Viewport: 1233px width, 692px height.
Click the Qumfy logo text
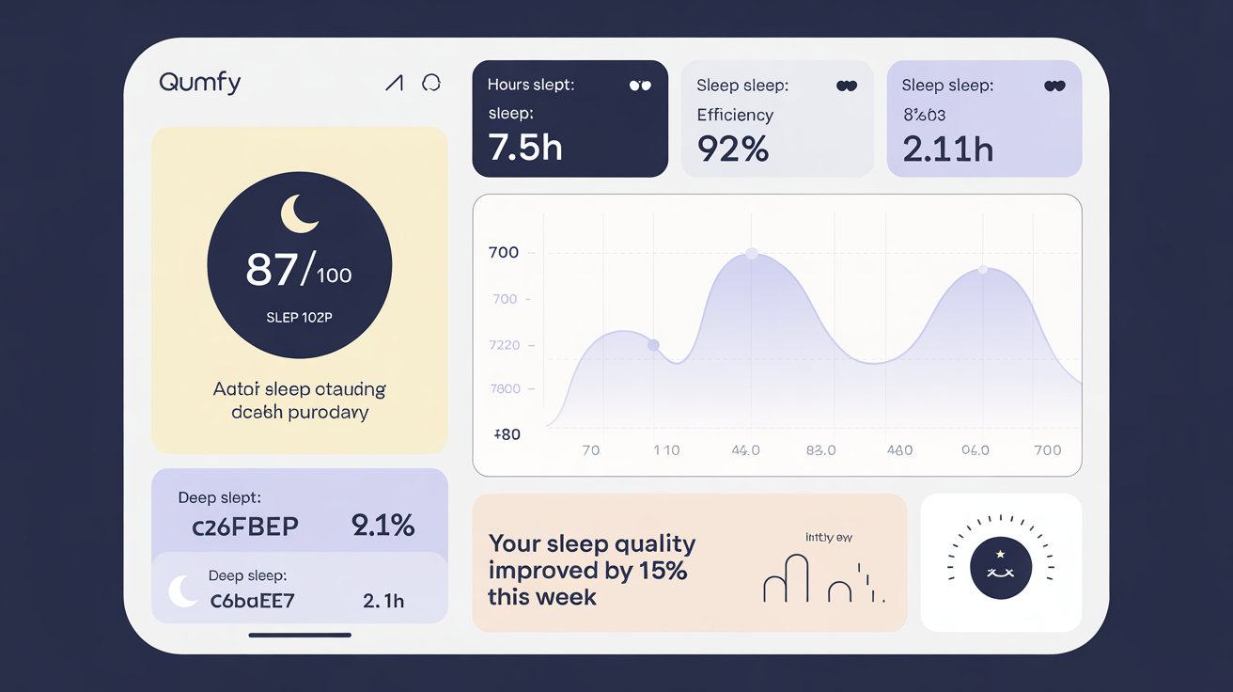(200, 83)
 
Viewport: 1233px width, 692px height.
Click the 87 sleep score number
(273, 270)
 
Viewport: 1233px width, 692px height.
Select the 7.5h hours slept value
(525, 148)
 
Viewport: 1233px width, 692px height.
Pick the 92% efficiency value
(733, 149)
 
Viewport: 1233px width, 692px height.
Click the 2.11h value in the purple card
(947, 149)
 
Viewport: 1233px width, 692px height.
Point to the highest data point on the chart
(751, 253)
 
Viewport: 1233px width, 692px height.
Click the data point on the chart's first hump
(654, 345)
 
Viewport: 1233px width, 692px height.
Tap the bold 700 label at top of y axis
(504, 252)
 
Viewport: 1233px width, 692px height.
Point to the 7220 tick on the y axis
(505, 345)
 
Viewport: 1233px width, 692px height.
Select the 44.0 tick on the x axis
(745, 450)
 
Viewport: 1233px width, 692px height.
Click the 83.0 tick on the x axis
(820, 450)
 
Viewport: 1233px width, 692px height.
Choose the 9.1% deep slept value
(382, 525)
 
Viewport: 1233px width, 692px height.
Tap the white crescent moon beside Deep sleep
(182, 590)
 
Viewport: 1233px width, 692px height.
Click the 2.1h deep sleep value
(383, 601)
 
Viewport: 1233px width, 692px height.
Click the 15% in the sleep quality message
(664, 571)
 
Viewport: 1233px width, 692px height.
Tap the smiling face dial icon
(1001, 568)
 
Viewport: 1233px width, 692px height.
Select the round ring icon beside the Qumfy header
(431, 83)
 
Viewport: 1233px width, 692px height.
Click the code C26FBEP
(245, 527)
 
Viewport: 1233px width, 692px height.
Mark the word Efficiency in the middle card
(735, 115)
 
